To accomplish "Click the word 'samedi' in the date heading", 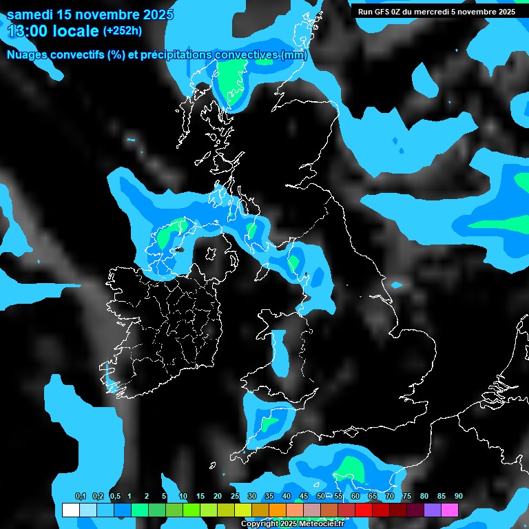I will [x=28, y=14].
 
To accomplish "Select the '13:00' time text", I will [x=27, y=31].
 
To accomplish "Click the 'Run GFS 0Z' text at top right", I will [x=379, y=12].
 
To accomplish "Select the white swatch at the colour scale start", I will [x=70, y=510].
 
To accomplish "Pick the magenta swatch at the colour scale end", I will [x=450, y=510].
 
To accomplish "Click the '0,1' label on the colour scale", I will [x=81, y=497].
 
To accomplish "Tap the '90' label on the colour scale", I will [x=459, y=497].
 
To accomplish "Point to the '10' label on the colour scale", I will [x=183, y=497].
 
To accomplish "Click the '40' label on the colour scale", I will [x=287, y=497].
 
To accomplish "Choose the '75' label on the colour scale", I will [x=407, y=497].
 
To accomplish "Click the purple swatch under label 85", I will [x=433, y=510].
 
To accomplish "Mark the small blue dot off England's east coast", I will [x=397, y=284].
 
